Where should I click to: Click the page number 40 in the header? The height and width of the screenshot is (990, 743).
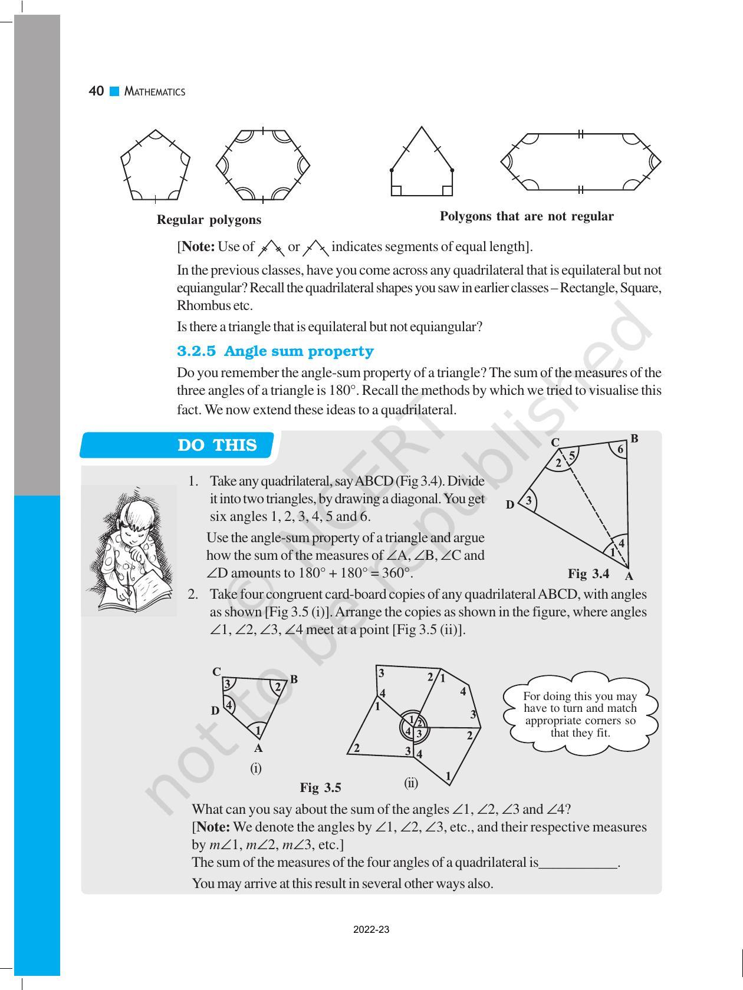pos(96,91)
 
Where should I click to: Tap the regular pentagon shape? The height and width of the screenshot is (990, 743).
pos(156,166)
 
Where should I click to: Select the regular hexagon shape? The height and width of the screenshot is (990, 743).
pos(262,164)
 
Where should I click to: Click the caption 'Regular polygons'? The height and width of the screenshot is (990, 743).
pos(209,220)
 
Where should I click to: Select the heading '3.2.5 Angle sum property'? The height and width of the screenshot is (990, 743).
pos(275,351)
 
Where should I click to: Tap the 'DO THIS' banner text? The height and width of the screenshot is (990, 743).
pos(217,445)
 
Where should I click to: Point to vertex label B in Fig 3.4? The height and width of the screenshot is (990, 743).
pos(634,438)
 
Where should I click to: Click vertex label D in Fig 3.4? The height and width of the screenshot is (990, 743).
pos(510,504)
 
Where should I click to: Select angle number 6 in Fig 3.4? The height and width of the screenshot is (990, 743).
pos(620,450)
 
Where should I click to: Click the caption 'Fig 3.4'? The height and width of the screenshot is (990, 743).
pos(589,573)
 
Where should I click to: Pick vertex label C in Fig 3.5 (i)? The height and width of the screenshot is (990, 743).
pos(216,672)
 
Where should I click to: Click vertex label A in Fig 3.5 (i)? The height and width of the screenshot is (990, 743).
pos(258,748)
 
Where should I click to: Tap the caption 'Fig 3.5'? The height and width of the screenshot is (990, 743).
pos(320,787)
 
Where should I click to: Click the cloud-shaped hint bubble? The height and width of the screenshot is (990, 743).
pos(580,714)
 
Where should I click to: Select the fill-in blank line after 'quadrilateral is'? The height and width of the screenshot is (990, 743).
pos(578,864)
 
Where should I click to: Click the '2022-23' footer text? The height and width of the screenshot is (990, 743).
pos(371,930)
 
